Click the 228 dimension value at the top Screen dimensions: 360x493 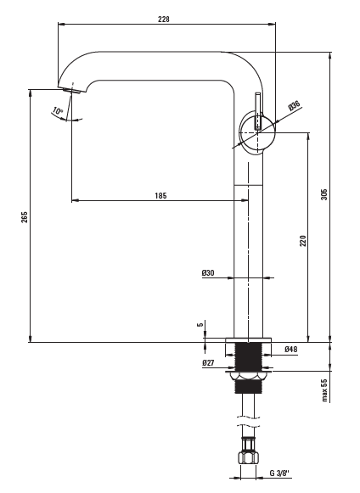[x=164, y=20]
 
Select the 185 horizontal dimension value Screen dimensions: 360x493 [x=160, y=195]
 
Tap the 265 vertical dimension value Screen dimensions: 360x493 [x=25, y=217]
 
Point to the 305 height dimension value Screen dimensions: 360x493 [x=324, y=194]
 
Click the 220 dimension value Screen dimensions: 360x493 [x=302, y=240]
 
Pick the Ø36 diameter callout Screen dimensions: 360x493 [x=295, y=105]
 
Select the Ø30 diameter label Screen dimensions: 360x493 [x=208, y=272]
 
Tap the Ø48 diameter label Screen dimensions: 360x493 [x=290, y=349]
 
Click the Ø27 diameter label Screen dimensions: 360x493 [x=208, y=363]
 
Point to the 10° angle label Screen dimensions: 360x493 [x=58, y=111]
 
